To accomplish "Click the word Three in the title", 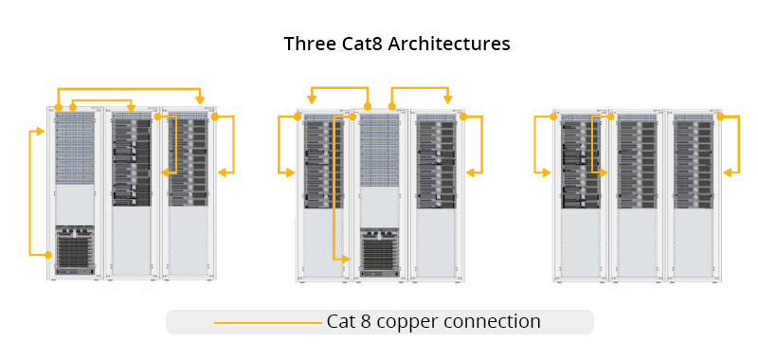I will pos(308,45).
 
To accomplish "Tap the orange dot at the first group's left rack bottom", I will pos(49,254).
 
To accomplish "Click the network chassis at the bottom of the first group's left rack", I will pos(75,251).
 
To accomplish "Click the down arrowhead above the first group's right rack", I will pos(200,100).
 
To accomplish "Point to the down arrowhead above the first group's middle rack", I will pos(131,107).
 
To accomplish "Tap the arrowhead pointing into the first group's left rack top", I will pos(41,131).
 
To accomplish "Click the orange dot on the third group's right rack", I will pos(719,117).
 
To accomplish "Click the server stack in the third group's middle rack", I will pos(636,161).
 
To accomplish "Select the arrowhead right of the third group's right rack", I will pos(728,172).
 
